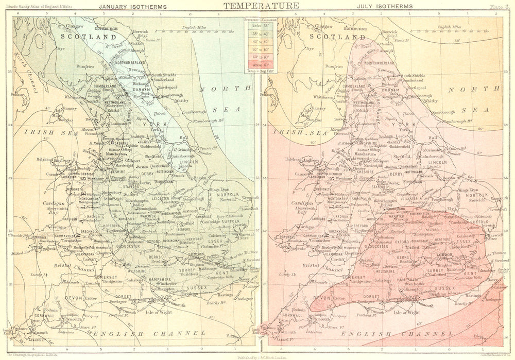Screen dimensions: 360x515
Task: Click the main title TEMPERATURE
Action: tap(261, 6)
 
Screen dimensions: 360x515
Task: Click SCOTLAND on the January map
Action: tap(89, 37)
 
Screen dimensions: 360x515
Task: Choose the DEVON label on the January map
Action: tap(74, 298)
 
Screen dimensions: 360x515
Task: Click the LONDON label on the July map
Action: tap(444, 255)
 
